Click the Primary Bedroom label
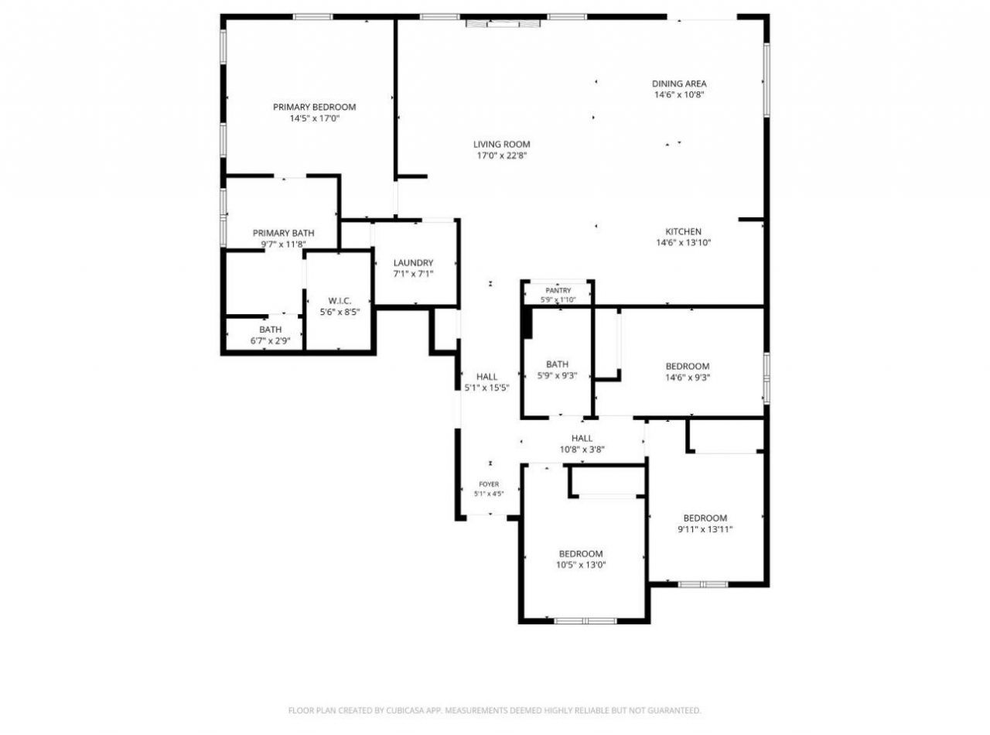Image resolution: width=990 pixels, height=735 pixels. point(314,108)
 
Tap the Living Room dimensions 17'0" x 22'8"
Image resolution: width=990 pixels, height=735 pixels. point(502,156)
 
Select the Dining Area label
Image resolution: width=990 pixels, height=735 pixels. point(679,84)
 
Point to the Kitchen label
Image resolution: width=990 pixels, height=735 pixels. point(683,231)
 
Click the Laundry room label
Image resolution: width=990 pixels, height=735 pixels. point(413,262)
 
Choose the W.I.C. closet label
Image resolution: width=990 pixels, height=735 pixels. point(340,300)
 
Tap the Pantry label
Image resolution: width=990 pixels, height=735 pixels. point(558,291)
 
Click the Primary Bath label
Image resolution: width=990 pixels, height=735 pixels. point(283,233)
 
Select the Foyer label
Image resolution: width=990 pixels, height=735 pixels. point(489,484)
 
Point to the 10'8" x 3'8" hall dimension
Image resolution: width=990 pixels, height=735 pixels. point(582,450)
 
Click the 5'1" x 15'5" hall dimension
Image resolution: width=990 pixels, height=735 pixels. point(487,388)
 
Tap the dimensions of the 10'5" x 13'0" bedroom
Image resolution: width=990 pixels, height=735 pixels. point(581,565)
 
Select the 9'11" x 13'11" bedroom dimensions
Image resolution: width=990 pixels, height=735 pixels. point(705,529)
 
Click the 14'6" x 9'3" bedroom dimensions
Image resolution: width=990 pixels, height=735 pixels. point(688,378)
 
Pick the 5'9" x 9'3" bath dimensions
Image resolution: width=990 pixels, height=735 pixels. point(557,375)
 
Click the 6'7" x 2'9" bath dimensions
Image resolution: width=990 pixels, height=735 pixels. point(271,341)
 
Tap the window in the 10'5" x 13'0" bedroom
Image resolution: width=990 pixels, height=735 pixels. point(585,620)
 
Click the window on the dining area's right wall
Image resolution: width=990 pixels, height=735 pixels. point(766,80)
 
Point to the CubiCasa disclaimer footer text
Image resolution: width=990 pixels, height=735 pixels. point(494,710)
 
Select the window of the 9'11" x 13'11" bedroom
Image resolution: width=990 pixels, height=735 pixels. point(703,584)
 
